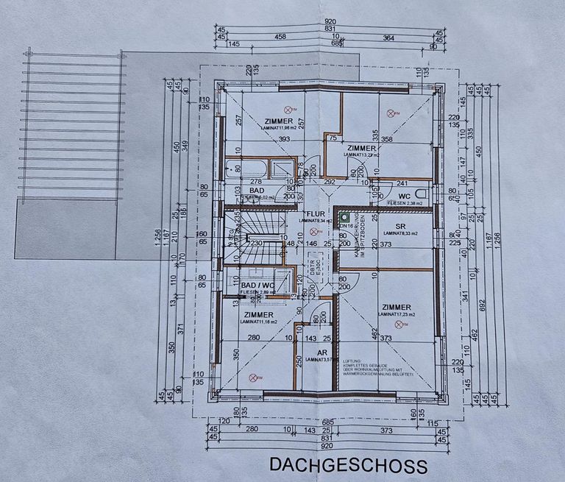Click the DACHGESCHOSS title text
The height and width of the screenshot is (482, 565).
[348, 465]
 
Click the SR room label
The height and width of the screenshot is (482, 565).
[401, 225]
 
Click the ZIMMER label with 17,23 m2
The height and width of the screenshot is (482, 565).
[397, 306]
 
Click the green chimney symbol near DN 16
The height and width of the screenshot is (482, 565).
[344, 218]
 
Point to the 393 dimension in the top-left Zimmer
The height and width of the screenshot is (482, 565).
[263, 139]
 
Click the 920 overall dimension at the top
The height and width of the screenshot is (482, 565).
[327, 23]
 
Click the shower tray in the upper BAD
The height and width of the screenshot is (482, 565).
[280, 169]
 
